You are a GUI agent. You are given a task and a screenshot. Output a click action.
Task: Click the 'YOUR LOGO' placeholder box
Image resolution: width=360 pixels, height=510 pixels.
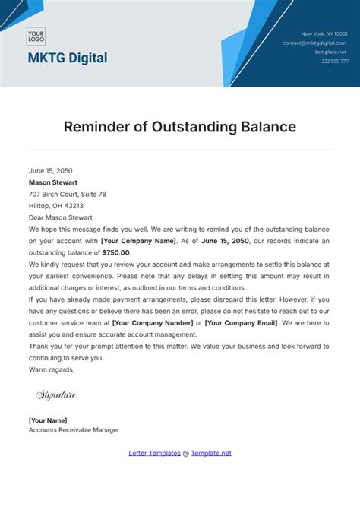36,36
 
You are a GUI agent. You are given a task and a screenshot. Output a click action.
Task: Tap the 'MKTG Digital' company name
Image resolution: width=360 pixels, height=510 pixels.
68,58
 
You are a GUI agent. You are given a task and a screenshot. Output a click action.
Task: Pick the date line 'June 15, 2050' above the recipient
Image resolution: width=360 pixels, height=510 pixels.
50,171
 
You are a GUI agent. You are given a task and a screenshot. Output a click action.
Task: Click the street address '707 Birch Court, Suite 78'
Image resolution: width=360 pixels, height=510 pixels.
68,195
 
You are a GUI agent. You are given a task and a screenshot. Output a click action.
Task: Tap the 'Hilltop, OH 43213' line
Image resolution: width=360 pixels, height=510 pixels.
56,206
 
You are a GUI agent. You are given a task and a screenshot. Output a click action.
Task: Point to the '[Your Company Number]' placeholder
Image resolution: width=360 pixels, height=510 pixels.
156,323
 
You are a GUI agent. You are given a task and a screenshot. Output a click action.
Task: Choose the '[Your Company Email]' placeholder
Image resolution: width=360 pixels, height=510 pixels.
241,323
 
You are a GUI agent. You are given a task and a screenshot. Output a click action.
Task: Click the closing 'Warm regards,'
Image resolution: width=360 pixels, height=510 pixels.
52,369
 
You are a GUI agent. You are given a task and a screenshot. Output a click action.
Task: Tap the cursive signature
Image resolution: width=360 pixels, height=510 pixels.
56,394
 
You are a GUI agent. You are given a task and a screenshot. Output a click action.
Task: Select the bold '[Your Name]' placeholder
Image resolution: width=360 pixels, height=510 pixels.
48,420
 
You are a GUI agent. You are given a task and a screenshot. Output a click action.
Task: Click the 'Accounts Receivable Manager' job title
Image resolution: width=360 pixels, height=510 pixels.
74,430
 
